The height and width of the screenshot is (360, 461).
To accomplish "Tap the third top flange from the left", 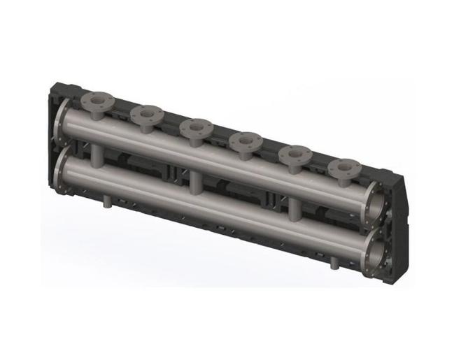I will [x=197, y=127].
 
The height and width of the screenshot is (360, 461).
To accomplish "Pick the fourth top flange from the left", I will [x=246, y=139].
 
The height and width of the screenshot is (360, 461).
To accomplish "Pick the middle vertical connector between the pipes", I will [x=197, y=183].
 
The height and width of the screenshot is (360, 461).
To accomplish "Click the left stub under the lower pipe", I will [x=106, y=201].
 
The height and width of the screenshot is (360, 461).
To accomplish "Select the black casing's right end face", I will [x=400, y=224].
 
